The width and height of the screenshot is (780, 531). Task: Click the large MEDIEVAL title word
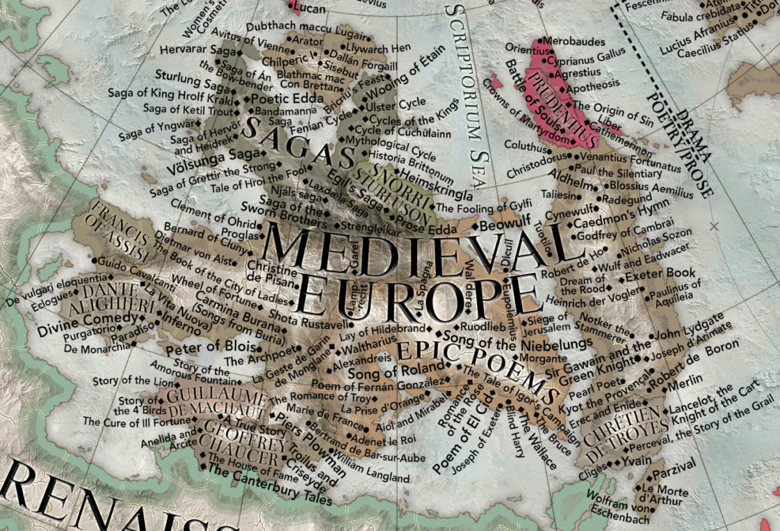(410, 248)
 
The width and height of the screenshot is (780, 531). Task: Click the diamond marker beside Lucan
(291, 8)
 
